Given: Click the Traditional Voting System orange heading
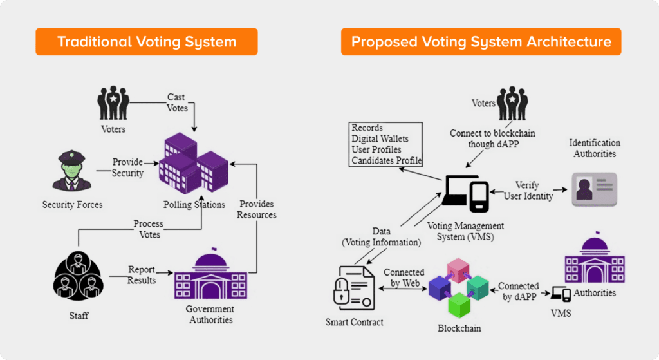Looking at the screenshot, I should pos(147,42).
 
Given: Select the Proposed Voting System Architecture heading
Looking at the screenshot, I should pos(481,42).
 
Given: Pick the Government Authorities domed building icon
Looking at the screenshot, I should pos(202,277).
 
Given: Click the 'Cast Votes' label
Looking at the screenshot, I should pos(176,102).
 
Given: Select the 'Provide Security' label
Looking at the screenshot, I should pos(127,167).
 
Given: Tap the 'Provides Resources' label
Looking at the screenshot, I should pos(256,209).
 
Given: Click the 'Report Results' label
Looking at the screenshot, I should pos(141,275).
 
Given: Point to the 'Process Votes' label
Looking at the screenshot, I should pos(148,229).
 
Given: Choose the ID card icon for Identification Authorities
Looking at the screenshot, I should pos(595,189).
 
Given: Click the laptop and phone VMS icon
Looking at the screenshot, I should pos(466,193).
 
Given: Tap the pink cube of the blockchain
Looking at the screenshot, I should pos(460,270).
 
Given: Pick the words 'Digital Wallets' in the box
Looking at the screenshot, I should pos(380,138).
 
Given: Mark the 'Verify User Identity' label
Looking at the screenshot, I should pos(528,191).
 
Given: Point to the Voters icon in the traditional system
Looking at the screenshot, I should pos(113,102).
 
